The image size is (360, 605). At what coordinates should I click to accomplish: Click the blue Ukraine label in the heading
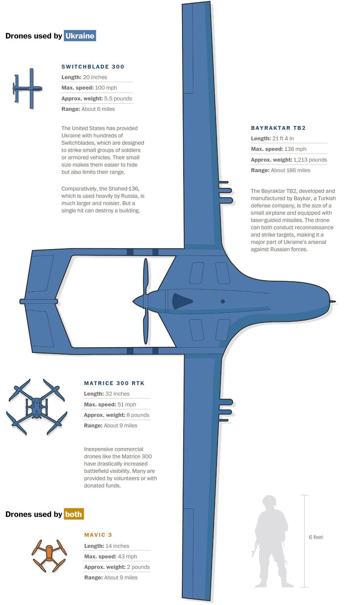click(x=80, y=36)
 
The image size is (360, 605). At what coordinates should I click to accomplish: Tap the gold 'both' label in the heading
click(x=74, y=514)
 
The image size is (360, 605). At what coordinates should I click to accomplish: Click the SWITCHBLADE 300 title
click(x=93, y=67)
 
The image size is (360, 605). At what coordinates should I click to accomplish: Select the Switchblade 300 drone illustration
click(x=28, y=88)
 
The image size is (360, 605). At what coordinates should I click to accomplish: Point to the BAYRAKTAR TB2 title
click(x=278, y=128)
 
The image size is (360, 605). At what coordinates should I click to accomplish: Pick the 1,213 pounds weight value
click(x=310, y=160)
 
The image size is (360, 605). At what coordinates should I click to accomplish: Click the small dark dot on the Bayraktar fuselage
click(x=223, y=301)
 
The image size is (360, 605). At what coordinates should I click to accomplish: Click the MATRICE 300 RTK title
click(x=114, y=383)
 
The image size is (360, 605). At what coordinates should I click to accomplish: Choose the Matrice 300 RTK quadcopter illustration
click(x=37, y=407)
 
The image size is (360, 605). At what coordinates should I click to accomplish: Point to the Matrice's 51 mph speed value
click(x=127, y=404)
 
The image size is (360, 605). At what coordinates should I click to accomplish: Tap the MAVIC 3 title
click(x=98, y=535)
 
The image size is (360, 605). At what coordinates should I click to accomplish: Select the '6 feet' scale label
click(x=316, y=537)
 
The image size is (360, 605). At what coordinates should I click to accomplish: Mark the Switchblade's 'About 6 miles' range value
click(x=98, y=109)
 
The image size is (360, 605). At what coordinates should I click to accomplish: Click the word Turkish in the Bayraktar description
click(x=325, y=198)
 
